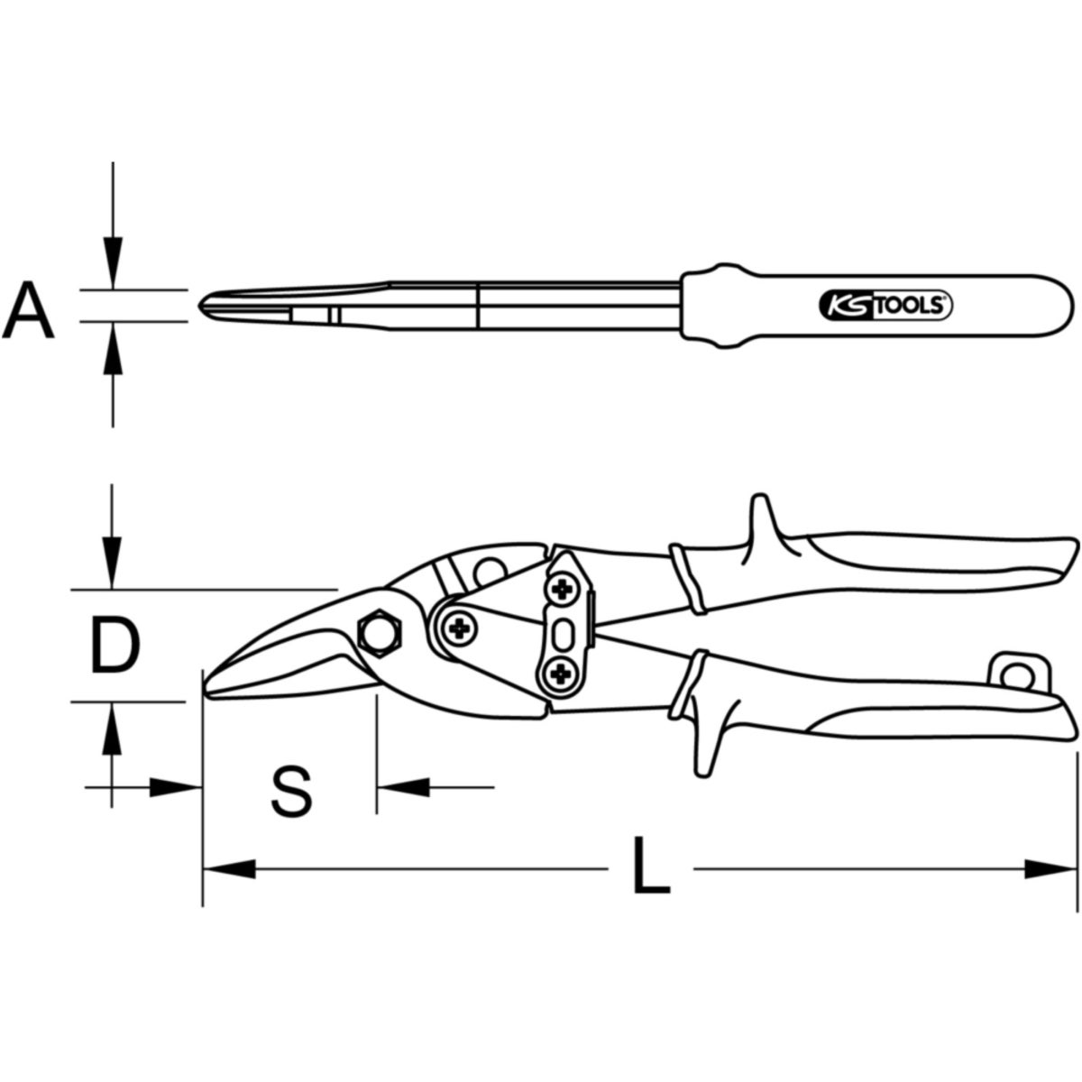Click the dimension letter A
pos(28,310)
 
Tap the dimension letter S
pos(291,793)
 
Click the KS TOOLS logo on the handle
pos(885,306)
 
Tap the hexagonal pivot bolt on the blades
pos(381,633)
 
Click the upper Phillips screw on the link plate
pos(560,589)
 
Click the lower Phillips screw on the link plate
pos(560,672)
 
